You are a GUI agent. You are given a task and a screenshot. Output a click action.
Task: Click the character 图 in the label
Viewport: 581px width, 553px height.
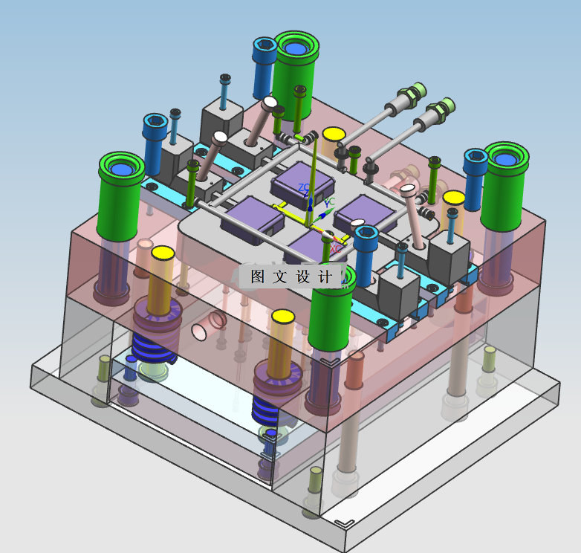257,276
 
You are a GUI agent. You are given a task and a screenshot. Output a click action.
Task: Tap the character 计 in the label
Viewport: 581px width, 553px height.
325,276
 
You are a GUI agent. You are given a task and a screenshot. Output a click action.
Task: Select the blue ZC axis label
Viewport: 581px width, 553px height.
304,187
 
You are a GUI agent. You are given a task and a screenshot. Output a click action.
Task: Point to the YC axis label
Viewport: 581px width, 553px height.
329,202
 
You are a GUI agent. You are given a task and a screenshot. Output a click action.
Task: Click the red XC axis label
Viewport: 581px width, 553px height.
336,249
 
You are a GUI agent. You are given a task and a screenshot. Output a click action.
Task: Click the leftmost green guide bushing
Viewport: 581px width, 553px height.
120,196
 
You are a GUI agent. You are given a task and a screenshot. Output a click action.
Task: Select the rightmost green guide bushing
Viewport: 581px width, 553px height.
504,187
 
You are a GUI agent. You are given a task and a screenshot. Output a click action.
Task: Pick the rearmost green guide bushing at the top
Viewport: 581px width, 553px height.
295,75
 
